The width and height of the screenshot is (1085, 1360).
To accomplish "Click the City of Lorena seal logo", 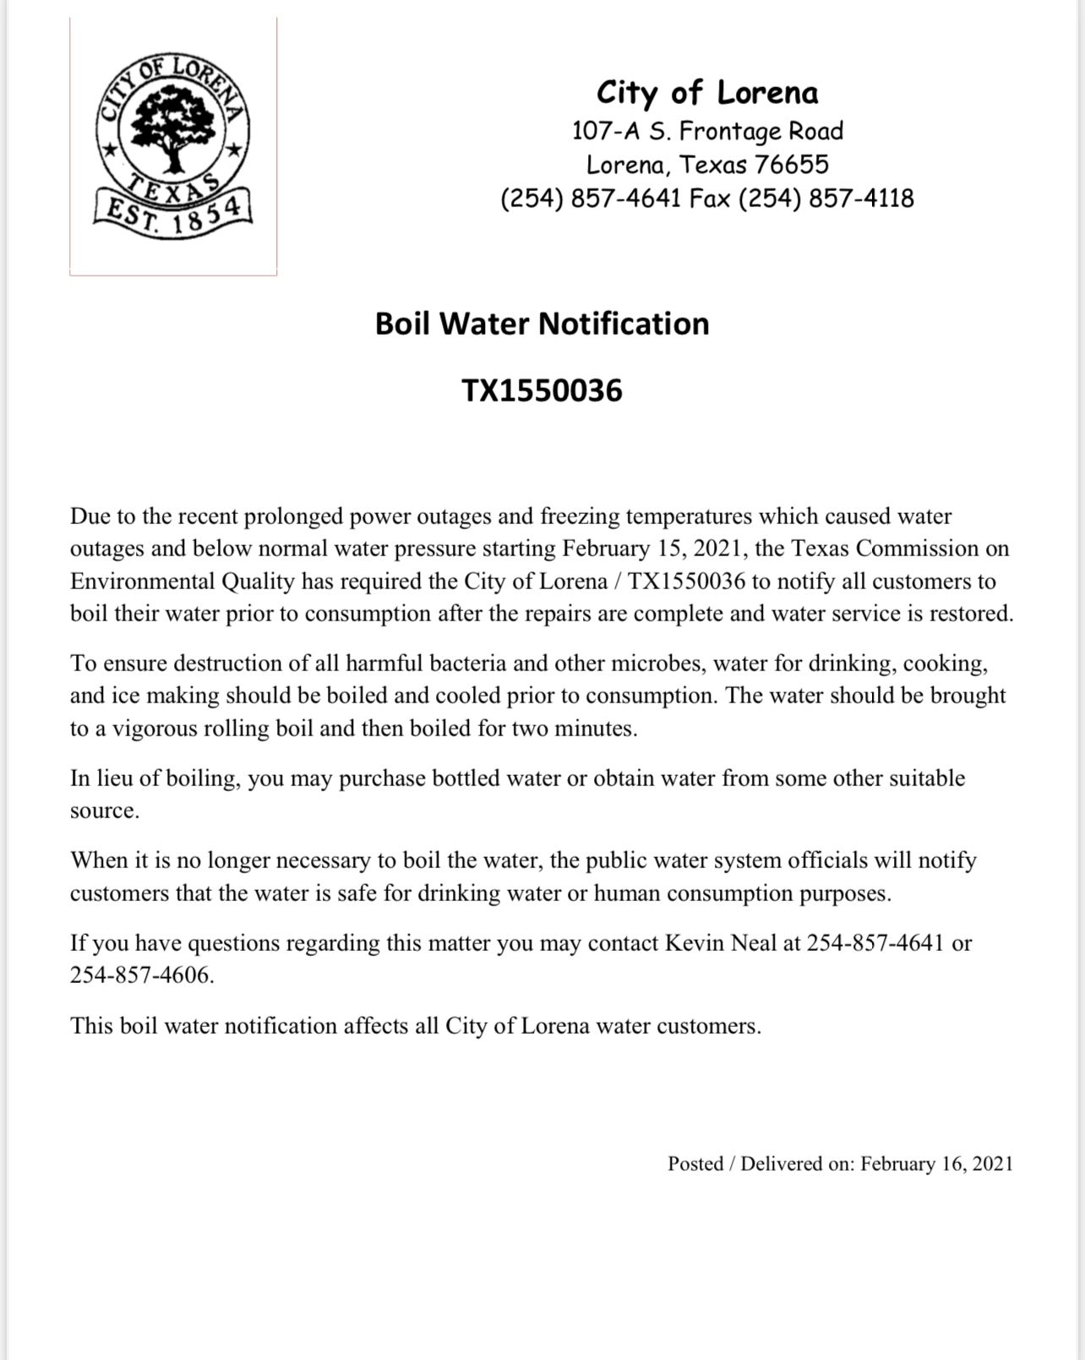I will [x=173, y=145].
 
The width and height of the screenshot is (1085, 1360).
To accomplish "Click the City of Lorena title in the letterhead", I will [x=707, y=93].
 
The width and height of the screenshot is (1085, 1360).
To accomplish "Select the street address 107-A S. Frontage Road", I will [x=707, y=131].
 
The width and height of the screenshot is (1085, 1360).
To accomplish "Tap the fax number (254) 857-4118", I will [x=826, y=199].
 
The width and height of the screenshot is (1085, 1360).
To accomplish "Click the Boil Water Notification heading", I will [x=542, y=324].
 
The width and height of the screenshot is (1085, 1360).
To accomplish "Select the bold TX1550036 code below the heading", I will [x=542, y=391].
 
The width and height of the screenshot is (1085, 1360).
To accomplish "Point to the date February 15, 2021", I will [x=655, y=549].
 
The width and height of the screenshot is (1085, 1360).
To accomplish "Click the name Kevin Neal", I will [x=720, y=943].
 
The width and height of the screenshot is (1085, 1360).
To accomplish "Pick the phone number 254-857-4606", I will [x=141, y=975].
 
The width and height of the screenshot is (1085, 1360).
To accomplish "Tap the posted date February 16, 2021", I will [x=936, y=1164].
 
